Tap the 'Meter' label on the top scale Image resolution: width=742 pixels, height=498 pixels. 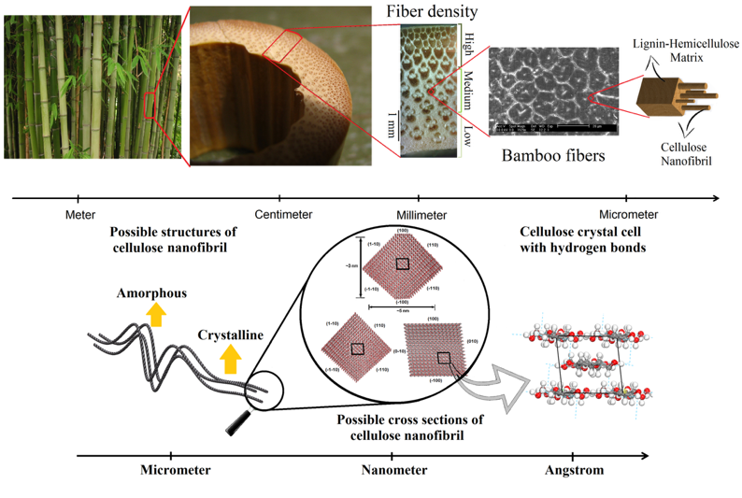79,214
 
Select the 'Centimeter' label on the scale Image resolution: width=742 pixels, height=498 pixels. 281,214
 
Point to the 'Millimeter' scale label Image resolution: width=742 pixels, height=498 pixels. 418,214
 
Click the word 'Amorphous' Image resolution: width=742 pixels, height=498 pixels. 151,293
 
